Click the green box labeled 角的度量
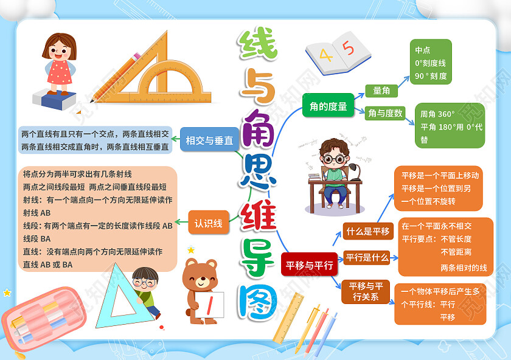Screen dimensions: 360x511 click(328, 106)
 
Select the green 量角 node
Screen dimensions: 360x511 click(381, 91)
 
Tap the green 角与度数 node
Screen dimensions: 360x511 click(385, 112)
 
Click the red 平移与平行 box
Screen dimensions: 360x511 click(310, 265)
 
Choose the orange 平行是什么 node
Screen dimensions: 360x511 click(367, 257)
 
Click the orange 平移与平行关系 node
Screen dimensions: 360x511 click(366, 291)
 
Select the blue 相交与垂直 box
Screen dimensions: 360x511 click(209, 140)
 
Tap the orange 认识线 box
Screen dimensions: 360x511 click(209, 223)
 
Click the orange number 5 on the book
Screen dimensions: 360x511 click(349, 47)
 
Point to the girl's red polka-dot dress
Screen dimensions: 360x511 click(60, 72)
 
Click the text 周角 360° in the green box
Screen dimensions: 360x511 click(437, 114)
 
